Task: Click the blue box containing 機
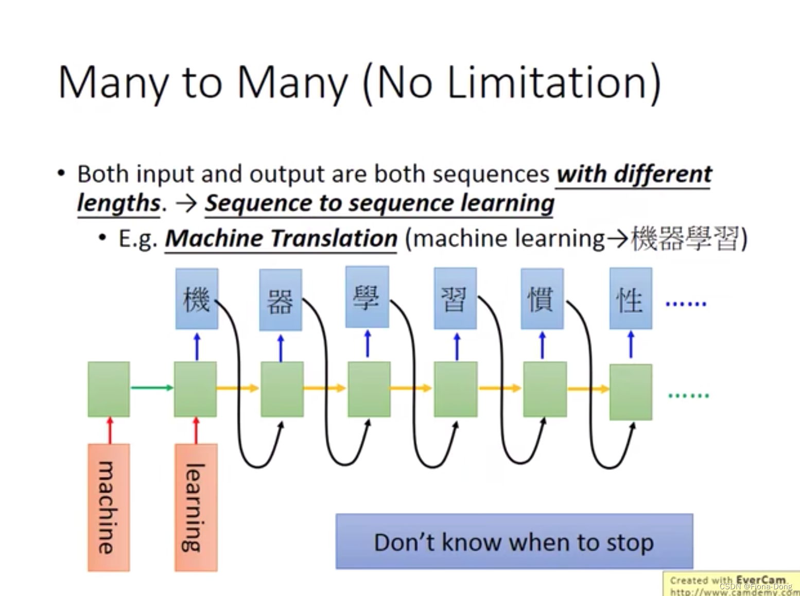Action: click(x=197, y=299)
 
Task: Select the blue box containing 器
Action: click(x=281, y=300)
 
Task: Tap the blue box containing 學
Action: click(x=367, y=297)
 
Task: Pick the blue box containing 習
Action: click(x=455, y=299)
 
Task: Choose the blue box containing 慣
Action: click(x=542, y=299)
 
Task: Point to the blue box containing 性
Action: click(x=631, y=299)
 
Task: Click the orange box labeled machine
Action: click(x=109, y=507)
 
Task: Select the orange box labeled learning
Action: click(x=196, y=507)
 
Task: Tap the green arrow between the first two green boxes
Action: click(x=152, y=388)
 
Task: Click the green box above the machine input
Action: click(x=109, y=389)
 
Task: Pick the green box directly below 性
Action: click(x=631, y=392)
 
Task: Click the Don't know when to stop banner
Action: click(x=514, y=542)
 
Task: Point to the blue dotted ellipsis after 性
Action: click(x=686, y=304)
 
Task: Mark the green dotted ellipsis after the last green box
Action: click(x=688, y=395)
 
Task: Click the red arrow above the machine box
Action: click(x=110, y=430)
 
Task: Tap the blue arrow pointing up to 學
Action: click(x=368, y=344)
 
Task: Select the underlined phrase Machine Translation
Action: click(x=281, y=239)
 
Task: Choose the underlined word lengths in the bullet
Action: click(x=119, y=203)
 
